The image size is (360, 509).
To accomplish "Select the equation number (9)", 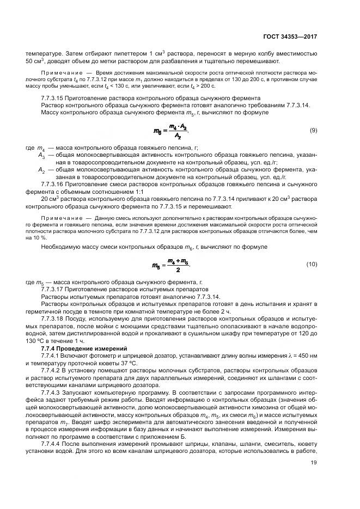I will (313, 131).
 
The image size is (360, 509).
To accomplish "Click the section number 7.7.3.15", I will (53, 98).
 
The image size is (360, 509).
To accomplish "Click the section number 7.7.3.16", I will (53, 184).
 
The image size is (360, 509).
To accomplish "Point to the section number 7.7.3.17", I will (53, 290).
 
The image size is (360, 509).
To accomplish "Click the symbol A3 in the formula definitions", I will (42, 156).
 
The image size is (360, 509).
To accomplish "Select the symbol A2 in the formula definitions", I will (42, 170).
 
